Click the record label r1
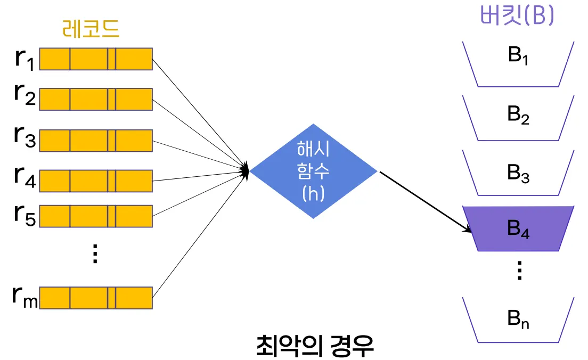tap(24, 59)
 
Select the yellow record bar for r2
tap(96, 100)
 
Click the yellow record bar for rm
tap(96, 298)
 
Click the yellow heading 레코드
tap(91, 30)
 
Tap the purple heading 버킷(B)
tap(517, 17)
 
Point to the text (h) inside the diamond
tap(313, 194)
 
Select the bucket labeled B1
tap(518, 64)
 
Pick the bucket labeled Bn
tap(518, 320)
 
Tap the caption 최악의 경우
tap(315, 347)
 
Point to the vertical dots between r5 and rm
tap(95, 254)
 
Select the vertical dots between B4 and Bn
tap(519, 272)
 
